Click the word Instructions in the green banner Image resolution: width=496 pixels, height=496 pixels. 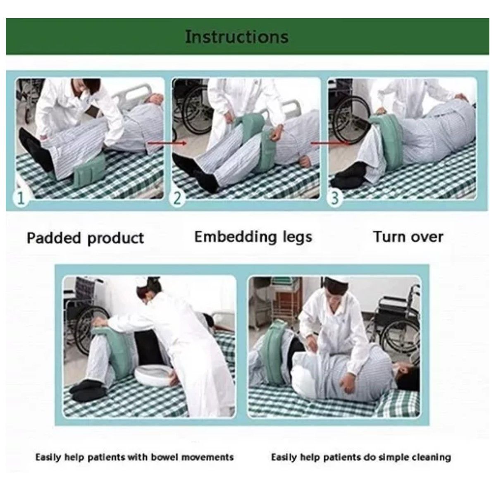pos(236,36)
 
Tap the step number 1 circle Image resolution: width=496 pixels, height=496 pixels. pos(21,198)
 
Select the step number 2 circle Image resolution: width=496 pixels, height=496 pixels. pos(177,198)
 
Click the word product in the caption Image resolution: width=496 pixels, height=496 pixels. pos(116,238)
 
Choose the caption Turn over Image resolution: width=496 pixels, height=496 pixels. pos(408,236)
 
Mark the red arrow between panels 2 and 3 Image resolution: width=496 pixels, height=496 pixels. pos(330,143)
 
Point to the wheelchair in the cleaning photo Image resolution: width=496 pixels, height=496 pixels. pos(393,324)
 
